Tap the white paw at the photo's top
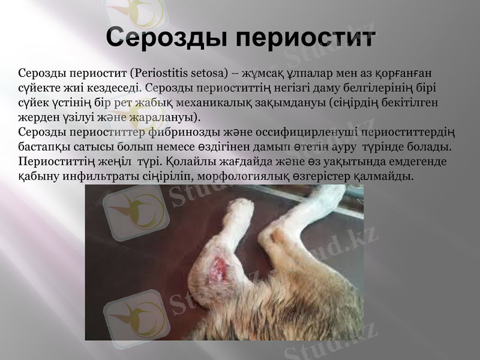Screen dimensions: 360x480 (240, 207)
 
